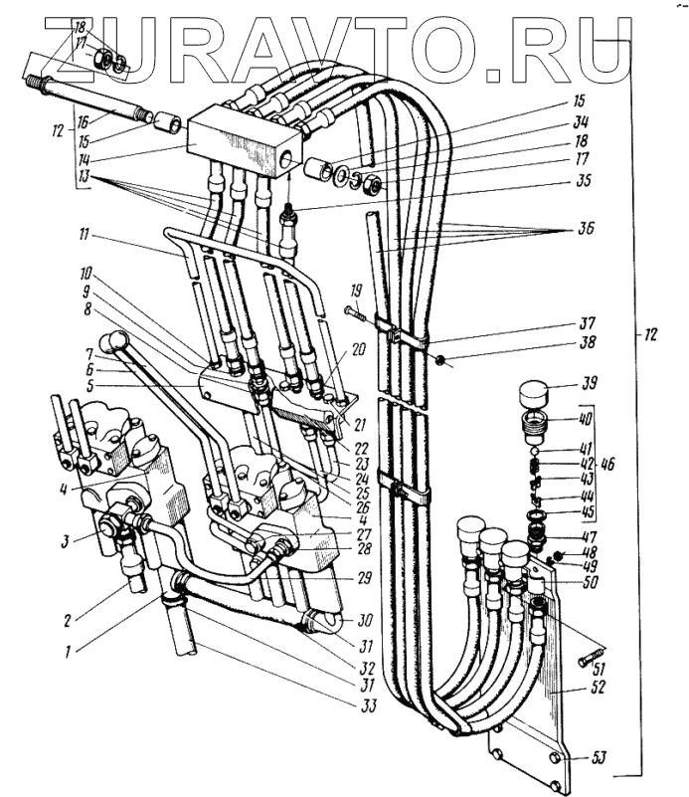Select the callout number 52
597,687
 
